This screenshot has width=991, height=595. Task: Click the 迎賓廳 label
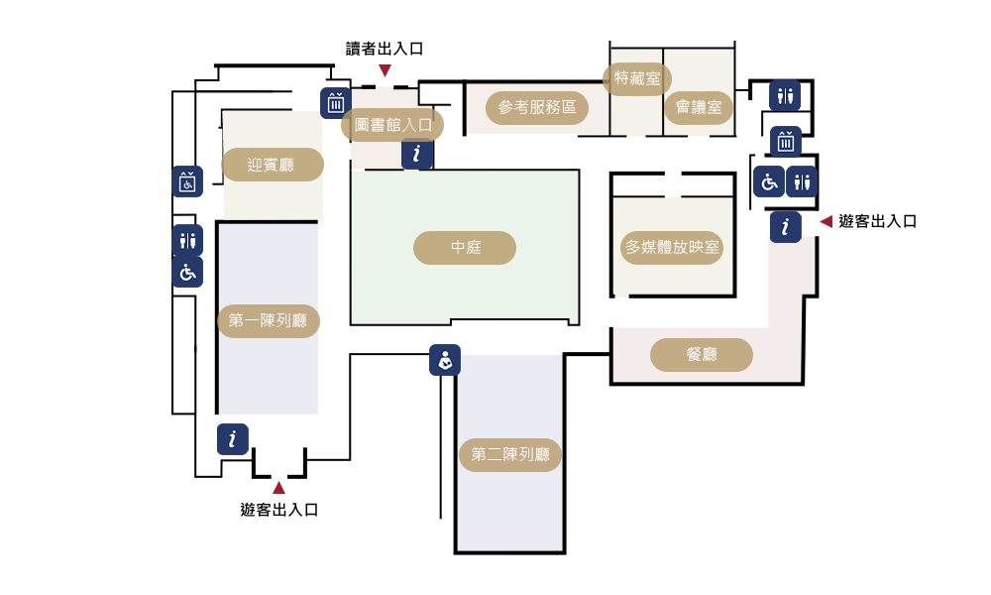[x=272, y=165]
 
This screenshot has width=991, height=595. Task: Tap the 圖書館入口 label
[x=392, y=125]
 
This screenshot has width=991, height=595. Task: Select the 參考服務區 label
[x=537, y=108]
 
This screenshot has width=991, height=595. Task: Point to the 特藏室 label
[x=637, y=78]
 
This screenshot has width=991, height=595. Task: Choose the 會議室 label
[x=699, y=107]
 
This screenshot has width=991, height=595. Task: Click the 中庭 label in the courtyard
[x=465, y=248]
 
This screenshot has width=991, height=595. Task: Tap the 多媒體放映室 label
[x=672, y=248]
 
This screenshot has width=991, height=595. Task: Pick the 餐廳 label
[x=702, y=355]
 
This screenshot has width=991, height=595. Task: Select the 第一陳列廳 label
[x=269, y=321]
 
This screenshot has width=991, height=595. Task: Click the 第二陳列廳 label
[x=510, y=455]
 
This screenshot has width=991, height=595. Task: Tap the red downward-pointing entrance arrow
[x=385, y=71]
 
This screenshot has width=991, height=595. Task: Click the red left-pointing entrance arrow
[x=826, y=222]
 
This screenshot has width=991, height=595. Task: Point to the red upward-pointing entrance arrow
[x=278, y=487]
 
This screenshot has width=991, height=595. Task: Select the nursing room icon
[x=445, y=360]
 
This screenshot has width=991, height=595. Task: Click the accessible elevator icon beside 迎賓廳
[x=187, y=181]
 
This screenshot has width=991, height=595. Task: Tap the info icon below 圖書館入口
[x=417, y=154]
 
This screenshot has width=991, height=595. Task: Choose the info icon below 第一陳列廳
[x=233, y=439]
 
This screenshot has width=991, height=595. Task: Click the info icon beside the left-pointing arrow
[x=786, y=227]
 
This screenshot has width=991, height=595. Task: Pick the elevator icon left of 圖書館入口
[x=336, y=102]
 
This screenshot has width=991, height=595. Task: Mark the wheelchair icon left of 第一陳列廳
[x=187, y=272]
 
